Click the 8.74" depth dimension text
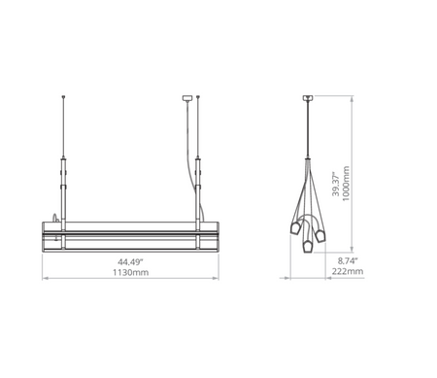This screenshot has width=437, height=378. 348,262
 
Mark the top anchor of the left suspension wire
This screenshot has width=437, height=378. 64,97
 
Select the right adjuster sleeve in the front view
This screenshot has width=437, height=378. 198,170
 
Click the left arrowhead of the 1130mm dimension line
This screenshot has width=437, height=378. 42,269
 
